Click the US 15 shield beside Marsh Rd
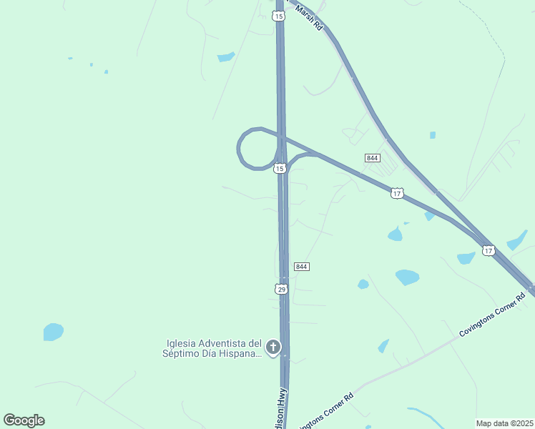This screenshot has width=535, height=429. (x=278, y=16)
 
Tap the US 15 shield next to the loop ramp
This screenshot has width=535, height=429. (x=280, y=168)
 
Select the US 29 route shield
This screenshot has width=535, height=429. (x=281, y=289)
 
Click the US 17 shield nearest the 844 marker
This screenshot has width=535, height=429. (x=398, y=193)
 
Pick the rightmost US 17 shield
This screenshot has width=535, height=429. (x=488, y=250)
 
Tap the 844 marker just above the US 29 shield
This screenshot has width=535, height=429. (x=301, y=267)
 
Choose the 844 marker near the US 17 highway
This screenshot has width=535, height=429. (x=372, y=157)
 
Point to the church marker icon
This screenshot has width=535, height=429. (x=273, y=347)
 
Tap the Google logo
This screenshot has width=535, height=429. (x=24, y=420)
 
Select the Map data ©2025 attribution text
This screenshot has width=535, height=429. (x=504, y=423)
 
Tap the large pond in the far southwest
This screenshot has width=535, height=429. (x=53, y=332)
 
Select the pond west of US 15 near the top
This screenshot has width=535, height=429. (x=226, y=57)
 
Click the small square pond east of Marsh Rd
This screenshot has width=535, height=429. (x=433, y=134)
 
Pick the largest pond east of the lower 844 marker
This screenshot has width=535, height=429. (x=407, y=277)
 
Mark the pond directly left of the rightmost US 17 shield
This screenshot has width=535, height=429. (x=466, y=257)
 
